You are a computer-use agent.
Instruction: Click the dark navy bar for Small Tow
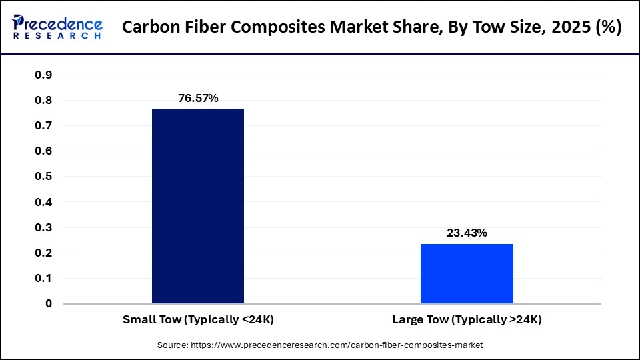click(198, 206)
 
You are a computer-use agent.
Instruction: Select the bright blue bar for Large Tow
click(467, 273)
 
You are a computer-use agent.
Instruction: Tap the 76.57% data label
click(198, 99)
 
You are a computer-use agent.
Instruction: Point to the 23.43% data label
click(467, 233)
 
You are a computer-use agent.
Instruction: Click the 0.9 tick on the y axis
click(43, 75)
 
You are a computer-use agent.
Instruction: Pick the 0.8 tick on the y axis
click(43, 100)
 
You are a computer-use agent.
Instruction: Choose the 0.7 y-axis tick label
click(43, 125)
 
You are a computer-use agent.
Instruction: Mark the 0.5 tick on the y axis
click(43, 177)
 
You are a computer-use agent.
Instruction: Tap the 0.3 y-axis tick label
click(43, 227)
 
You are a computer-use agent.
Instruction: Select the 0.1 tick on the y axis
click(43, 278)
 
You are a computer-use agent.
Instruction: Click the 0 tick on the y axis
click(49, 303)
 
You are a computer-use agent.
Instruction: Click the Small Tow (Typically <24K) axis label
click(198, 320)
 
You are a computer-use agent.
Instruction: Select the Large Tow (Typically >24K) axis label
click(467, 320)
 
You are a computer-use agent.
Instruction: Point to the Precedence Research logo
click(57, 27)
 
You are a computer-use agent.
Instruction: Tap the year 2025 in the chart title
click(561, 27)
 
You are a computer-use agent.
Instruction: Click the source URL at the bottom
click(336, 345)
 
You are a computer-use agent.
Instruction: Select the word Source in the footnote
click(172, 345)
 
